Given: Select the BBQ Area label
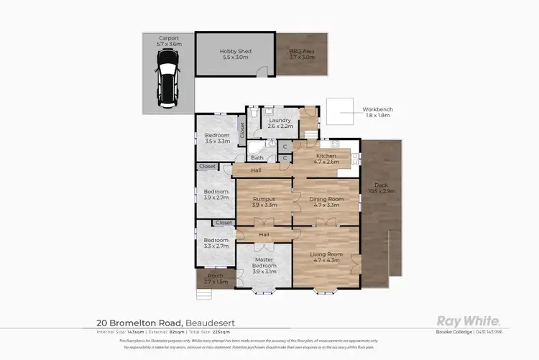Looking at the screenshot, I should pyautogui.click(x=303, y=53).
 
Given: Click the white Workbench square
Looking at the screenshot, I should pyautogui.click(x=340, y=111).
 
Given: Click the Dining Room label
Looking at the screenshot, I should pyautogui.click(x=326, y=201).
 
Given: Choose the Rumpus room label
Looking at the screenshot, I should pyautogui.click(x=264, y=201).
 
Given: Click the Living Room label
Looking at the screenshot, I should pyautogui.click(x=326, y=257).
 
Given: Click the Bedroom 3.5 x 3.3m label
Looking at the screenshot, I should pyautogui.click(x=216, y=139).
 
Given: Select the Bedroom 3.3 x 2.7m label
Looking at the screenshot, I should pyautogui.click(x=215, y=243).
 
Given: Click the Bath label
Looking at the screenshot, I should pyautogui.click(x=257, y=157).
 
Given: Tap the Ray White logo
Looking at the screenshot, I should pyautogui.click(x=469, y=322).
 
